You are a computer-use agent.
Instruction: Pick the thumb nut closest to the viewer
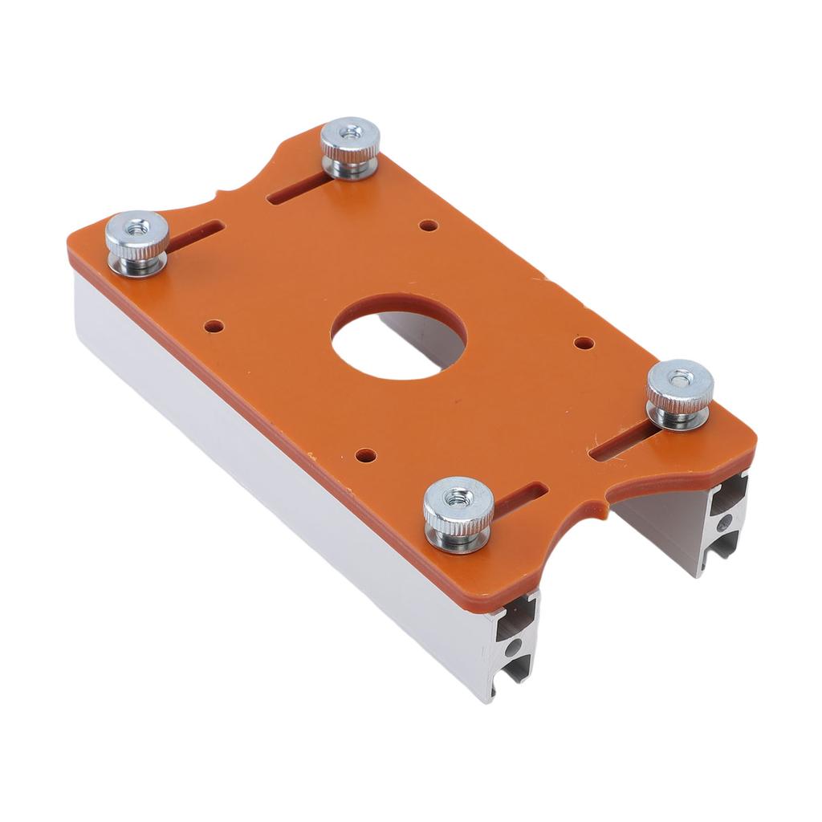(458, 511)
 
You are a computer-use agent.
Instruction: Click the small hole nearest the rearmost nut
(429, 226)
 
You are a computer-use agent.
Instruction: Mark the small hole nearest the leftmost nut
(214, 327)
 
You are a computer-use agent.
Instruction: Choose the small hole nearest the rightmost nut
(584, 343)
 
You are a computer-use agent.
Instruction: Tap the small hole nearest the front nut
(366, 455)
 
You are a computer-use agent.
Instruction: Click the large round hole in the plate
(398, 337)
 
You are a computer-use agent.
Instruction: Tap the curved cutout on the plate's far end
(233, 181)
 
